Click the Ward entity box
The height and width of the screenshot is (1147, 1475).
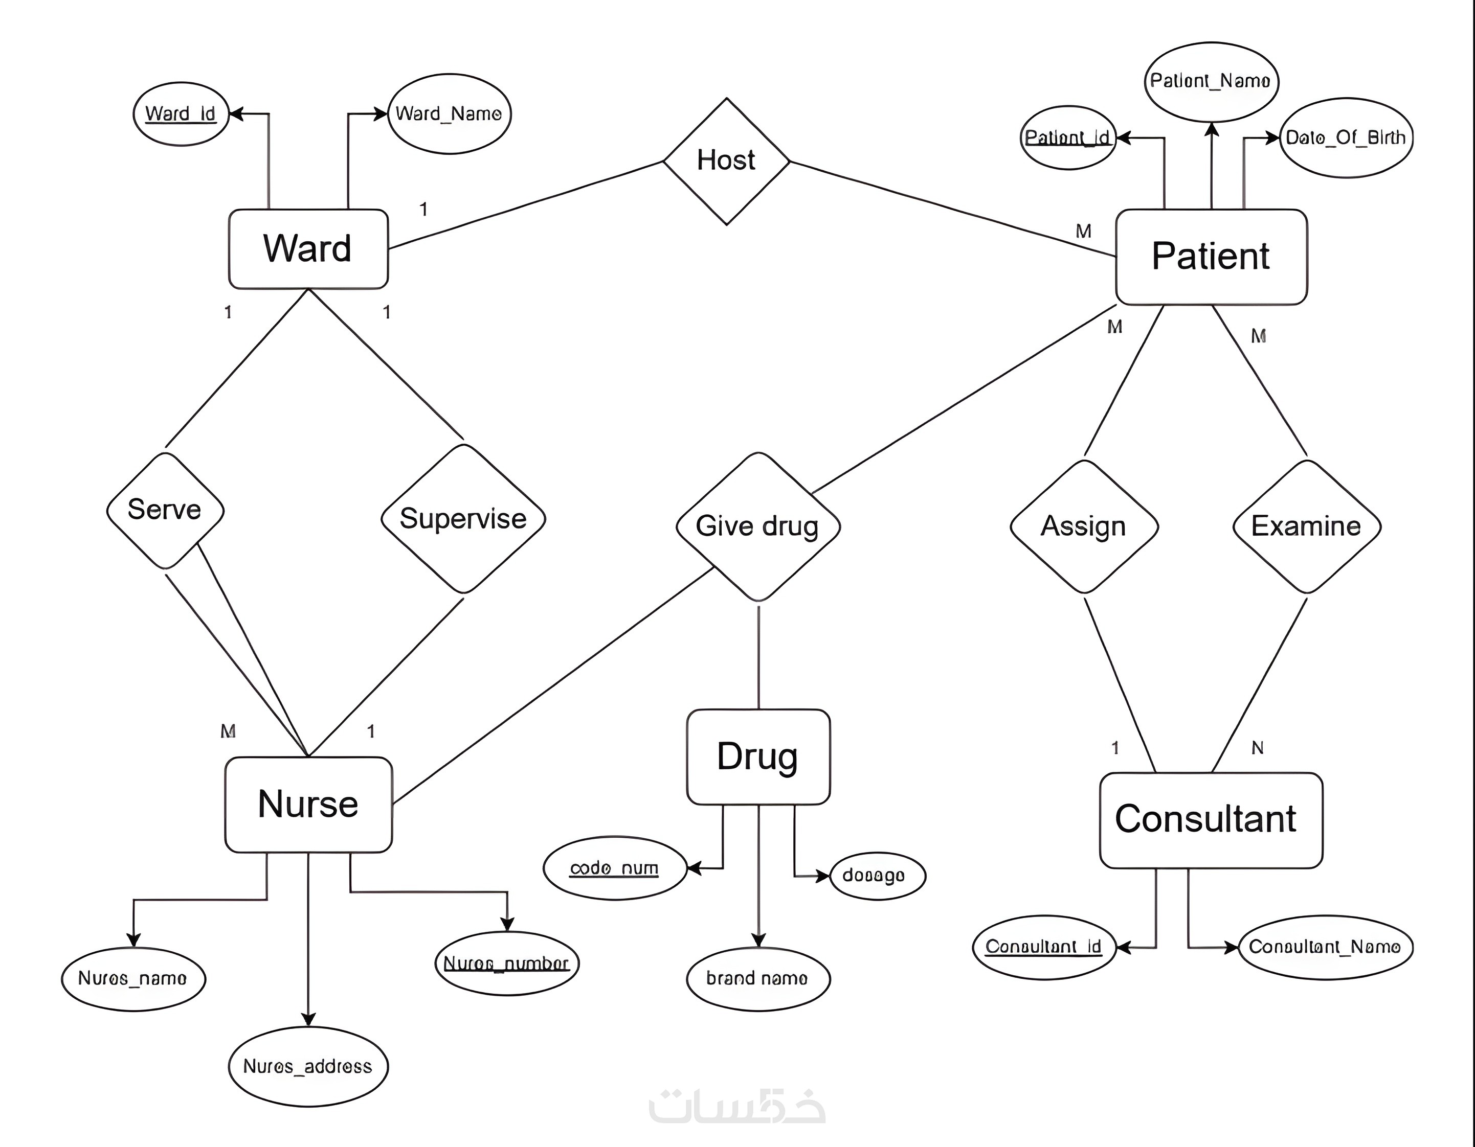(x=308, y=248)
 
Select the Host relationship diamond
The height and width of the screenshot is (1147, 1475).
(x=726, y=160)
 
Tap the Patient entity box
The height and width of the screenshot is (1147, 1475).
(x=1211, y=257)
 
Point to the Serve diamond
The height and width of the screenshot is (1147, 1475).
(x=165, y=510)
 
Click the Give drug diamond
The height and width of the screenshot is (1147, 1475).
(x=758, y=526)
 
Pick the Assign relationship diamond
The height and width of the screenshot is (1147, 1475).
(x=1084, y=526)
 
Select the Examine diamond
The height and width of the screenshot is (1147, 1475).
(x=1306, y=526)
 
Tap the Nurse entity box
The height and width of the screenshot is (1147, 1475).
(x=308, y=804)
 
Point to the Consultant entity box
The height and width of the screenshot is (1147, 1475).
(x=1210, y=819)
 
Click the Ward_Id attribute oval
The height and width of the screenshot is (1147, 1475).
(x=181, y=113)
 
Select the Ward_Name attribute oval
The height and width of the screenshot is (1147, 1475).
(x=449, y=113)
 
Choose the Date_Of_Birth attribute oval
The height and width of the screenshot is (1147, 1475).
(x=1346, y=137)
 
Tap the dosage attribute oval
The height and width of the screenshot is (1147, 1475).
(x=876, y=876)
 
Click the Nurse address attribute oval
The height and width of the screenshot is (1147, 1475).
(x=308, y=1066)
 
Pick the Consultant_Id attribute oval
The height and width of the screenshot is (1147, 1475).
(x=1043, y=947)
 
